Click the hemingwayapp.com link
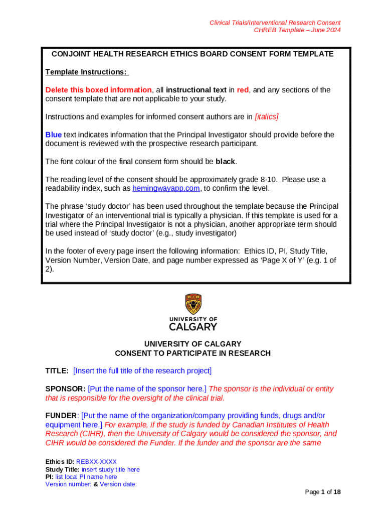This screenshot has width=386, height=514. [166, 189]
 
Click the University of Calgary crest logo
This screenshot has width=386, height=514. [193, 304]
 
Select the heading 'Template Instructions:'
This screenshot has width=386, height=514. [87, 72]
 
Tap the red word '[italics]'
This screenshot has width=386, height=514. [266, 117]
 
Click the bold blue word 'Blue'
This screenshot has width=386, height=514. [54, 135]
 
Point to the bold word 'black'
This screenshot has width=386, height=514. [225, 162]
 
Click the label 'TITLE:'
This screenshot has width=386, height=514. [57, 371]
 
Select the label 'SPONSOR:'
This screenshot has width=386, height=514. [65, 389]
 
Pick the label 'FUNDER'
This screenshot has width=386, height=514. [61, 416]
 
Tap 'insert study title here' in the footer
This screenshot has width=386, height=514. [110, 469]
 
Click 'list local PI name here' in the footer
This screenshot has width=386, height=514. [86, 477]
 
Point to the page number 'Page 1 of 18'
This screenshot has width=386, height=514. [323, 492]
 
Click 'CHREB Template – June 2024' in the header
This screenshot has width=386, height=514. [297, 30]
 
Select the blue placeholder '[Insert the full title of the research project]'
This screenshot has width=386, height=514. [142, 371]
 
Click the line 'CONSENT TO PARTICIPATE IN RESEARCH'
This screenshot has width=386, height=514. [192, 353]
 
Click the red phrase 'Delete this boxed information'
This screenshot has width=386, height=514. [98, 90]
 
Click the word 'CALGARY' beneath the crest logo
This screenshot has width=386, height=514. [193, 327]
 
